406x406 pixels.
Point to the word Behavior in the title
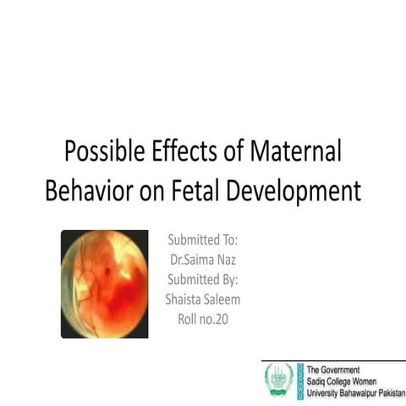click(91, 190)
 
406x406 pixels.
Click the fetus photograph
click(104, 283)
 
